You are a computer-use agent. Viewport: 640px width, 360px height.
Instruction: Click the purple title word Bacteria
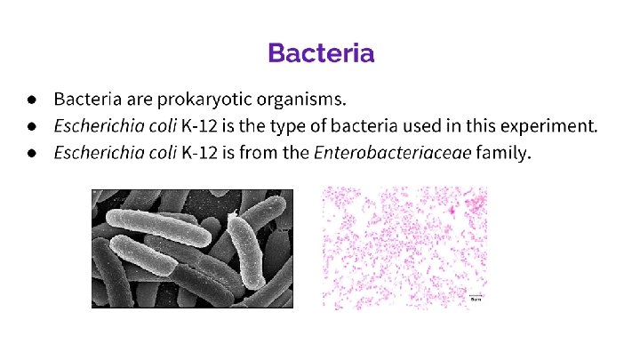[x=321, y=53]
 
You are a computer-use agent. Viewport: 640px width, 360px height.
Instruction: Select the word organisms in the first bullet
[x=300, y=97]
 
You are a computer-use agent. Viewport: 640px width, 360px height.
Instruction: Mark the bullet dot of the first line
[x=31, y=97]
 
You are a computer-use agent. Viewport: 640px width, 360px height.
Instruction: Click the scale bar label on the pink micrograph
[x=476, y=300]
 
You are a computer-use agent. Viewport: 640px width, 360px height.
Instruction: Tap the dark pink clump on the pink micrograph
[x=454, y=210]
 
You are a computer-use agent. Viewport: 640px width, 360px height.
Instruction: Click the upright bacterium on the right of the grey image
[x=247, y=249]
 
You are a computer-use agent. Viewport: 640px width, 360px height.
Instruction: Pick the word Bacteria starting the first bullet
[x=85, y=97]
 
